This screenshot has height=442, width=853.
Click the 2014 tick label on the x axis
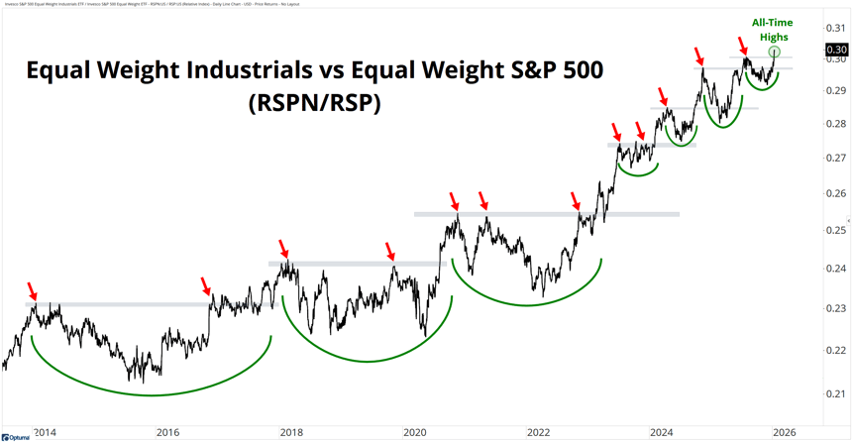pos(44,432)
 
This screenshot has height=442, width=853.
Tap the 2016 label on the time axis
pos(167,432)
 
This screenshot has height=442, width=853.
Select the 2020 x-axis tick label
pos(414,432)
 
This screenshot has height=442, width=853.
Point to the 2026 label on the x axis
pos(784,432)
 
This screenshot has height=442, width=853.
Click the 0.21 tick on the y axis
pos(836,394)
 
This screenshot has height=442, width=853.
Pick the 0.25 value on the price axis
pos(836,231)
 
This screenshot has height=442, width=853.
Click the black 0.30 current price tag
pos(836,50)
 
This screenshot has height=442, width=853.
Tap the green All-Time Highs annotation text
pos(774,30)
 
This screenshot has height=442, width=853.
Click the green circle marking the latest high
pos(775,52)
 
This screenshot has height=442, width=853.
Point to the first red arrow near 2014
pos(32,291)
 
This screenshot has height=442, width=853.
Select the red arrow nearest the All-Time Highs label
pos(743,44)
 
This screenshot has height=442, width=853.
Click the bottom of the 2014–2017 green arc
pos(151,395)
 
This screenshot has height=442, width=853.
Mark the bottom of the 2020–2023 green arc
pos(527,305)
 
